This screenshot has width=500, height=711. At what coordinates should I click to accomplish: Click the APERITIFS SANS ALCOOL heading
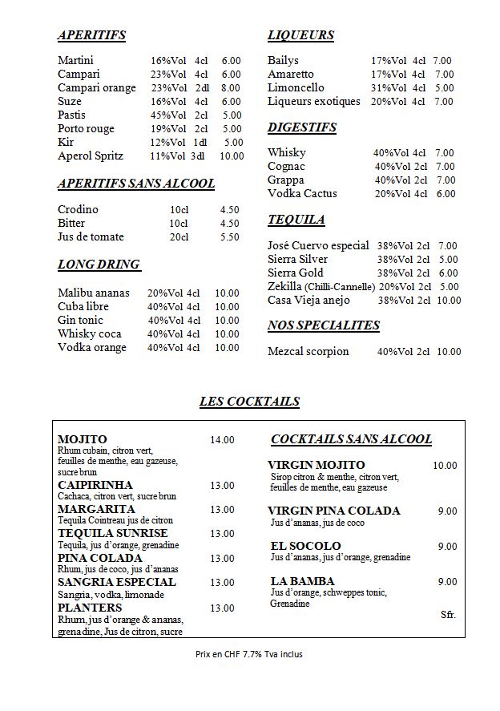click(x=136, y=184)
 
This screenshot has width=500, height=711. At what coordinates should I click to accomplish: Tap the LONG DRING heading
click(x=99, y=265)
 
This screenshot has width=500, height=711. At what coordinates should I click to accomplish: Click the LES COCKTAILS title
click(x=249, y=402)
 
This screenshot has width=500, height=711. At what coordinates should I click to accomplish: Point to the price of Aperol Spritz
click(x=232, y=156)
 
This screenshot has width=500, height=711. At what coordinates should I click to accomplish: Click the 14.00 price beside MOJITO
click(x=222, y=440)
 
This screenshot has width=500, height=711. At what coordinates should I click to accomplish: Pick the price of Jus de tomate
click(x=229, y=237)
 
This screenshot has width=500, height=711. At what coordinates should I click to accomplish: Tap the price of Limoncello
click(x=444, y=88)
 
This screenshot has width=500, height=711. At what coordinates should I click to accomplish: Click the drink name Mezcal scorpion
click(x=308, y=352)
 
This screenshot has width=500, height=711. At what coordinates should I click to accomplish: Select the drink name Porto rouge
click(x=86, y=129)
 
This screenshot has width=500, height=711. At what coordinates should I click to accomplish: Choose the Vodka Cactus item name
click(x=302, y=194)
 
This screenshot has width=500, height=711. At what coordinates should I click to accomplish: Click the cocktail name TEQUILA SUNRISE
click(x=113, y=533)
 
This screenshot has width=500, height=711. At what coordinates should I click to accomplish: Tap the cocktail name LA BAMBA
click(x=302, y=581)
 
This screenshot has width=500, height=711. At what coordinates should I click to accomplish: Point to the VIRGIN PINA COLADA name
click(x=333, y=511)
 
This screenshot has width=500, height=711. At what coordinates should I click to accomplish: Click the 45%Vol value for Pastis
click(x=168, y=115)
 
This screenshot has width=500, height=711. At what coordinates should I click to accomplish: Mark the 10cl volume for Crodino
click(x=179, y=210)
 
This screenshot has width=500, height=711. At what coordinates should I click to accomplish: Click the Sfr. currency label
click(x=448, y=615)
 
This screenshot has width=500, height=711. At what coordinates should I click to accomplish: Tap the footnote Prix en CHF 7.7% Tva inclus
click(x=249, y=654)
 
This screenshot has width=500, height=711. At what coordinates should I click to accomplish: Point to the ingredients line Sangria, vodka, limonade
click(x=111, y=595)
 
